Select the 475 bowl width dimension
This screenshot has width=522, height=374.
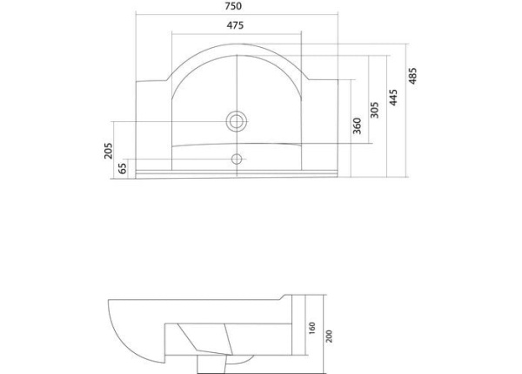coord(235,25)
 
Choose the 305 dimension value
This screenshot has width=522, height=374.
coord(375,110)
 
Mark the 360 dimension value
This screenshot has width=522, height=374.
coord(357,126)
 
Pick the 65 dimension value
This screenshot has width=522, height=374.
coord(124,167)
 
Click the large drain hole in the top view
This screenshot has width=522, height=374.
coord(236,119)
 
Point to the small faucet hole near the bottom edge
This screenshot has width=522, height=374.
coord(236,159)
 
